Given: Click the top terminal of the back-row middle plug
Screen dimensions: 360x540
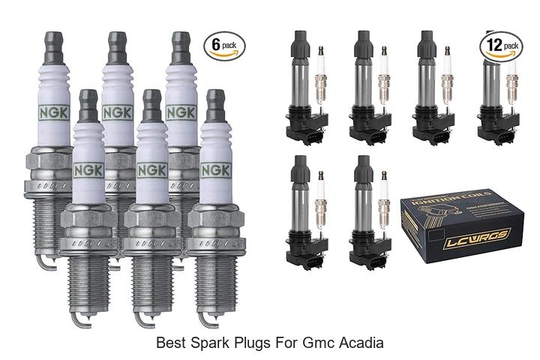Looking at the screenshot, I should coord(115,45).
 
